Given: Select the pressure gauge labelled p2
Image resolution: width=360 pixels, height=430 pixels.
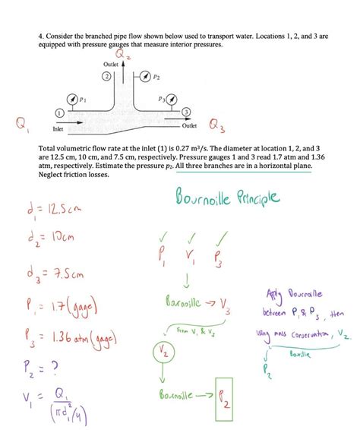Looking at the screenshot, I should [142, 76].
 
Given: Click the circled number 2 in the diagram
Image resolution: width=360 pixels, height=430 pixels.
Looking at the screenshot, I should [107, 77].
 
